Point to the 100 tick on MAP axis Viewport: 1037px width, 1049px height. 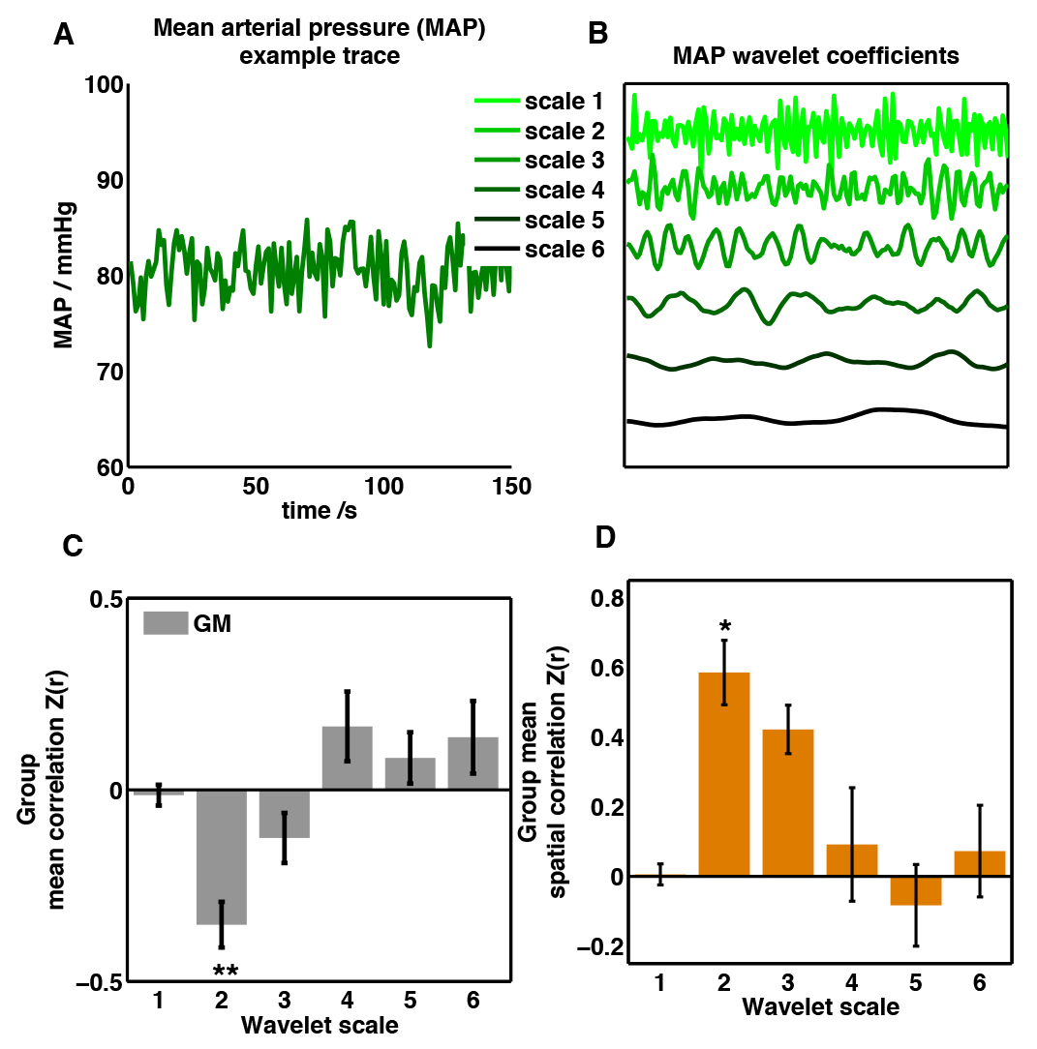[99, 85]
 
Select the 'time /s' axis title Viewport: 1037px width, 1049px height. [320, 512]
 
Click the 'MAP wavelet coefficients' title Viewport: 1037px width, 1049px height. [816, 55]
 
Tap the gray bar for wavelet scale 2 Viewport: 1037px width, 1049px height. [222, 857]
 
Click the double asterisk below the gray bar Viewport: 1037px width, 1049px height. [223, 971]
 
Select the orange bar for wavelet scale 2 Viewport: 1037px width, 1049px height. [724, 774]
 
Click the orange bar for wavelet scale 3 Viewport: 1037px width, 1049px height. [787, 802]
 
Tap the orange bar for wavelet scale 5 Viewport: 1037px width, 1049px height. [915, 890]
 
